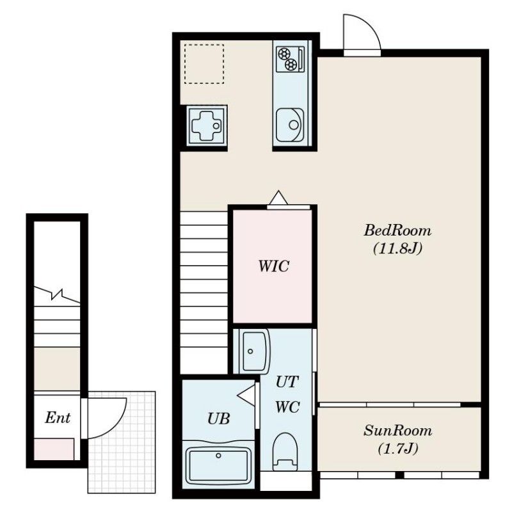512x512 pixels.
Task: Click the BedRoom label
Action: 397,230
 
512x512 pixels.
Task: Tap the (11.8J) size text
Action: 397,249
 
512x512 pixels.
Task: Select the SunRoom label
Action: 397,431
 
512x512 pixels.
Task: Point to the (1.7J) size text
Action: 397,449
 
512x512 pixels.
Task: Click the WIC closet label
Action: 274,266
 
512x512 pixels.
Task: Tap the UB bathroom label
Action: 219,419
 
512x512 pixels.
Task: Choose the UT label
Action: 287,382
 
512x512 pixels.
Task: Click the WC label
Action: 287,407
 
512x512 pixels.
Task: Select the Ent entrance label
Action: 58,418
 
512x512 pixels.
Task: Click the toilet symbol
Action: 285,452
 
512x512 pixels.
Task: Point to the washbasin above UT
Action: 254,351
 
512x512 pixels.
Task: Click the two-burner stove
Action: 291,59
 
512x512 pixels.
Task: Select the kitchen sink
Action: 290,125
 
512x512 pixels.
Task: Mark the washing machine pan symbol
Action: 207,125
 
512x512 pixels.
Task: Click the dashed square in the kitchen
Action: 204,64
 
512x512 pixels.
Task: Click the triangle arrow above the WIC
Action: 278,198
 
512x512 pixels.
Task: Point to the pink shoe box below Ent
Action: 54,449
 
